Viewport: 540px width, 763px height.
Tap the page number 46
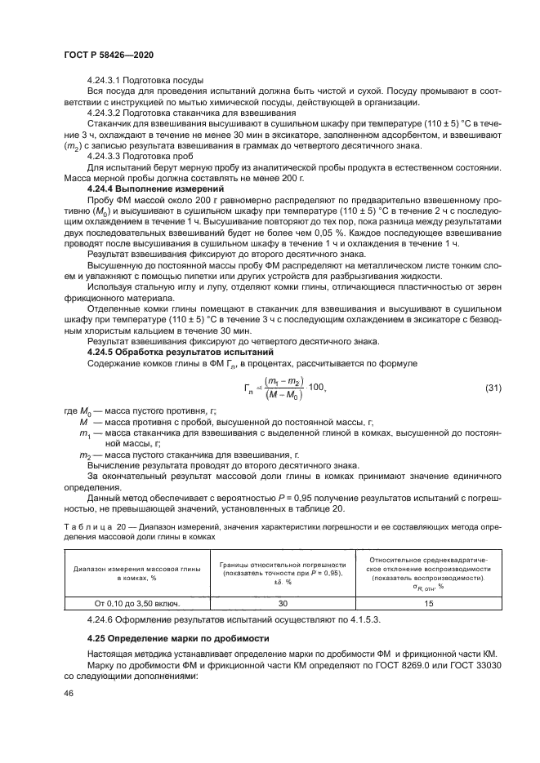point(68,692)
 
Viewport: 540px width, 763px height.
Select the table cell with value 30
point(282,603)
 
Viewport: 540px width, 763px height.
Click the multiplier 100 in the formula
point(319,387)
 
